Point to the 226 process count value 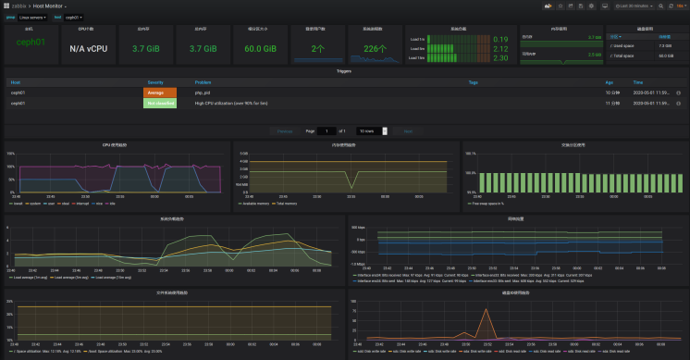(x=375, y=48)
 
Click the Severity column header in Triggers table (x=155, y=82)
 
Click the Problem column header (x=203, y=82)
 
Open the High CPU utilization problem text (x=228, y=104)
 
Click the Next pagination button (x=408, y=131)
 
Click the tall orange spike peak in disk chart (x=486, y=311)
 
